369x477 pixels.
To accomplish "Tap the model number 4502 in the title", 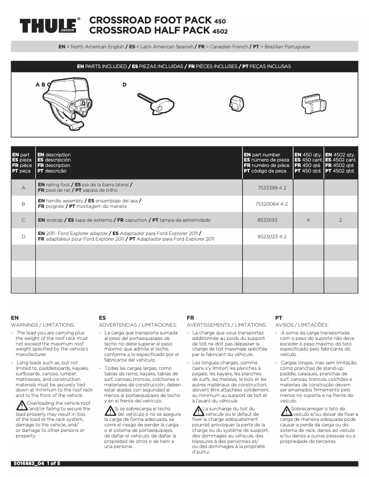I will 219,31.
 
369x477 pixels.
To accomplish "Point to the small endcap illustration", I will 236,103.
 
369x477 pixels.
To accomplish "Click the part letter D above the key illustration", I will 124,85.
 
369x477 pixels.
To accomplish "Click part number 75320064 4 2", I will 271,203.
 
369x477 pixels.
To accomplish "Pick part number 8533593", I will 267,220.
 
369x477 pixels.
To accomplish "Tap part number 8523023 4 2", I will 271,236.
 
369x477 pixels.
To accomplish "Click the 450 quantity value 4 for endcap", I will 308,220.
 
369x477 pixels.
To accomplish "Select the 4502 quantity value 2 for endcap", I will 340,220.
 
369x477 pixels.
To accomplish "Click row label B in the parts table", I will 23,203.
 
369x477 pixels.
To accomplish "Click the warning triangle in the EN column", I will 22,405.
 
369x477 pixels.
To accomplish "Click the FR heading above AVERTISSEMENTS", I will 190,318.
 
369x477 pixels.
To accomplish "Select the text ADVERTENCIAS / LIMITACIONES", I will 138,325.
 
